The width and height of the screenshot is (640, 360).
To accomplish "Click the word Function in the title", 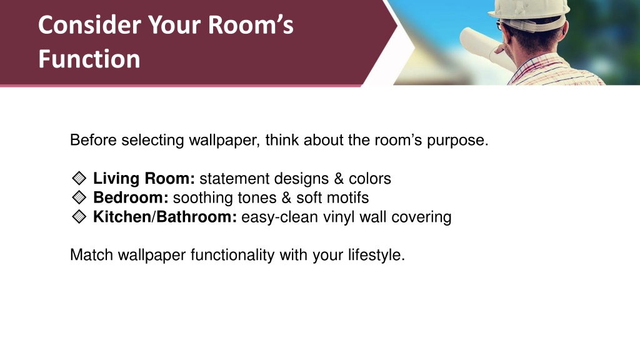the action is pyautogui.click(x=89, y=59).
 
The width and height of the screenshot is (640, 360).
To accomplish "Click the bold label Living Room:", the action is pyautogui.click(x=144, y=178).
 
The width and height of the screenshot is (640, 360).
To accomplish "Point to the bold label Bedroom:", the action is pyautogui.click(x=131, y=197).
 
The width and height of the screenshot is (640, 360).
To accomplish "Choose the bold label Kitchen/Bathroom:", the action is pyautogui.click(x=165, y=217).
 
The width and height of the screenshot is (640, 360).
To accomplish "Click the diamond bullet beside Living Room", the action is pyautogui.click(x=79, y=178).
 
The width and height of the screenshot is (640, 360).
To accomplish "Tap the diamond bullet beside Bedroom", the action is pyautogui.click(x=79, y=197).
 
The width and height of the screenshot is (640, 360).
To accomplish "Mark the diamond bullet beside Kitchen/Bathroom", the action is pyautogui.click(x=79, y=217).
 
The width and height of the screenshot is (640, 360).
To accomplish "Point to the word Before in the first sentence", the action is pyautogui.click(x=94, y=140).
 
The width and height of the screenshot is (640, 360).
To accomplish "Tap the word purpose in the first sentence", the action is pyautogui.click(x=457, y=141).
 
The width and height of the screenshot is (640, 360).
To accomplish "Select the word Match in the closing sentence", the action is pyautogui.click(x=92, y=255).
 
